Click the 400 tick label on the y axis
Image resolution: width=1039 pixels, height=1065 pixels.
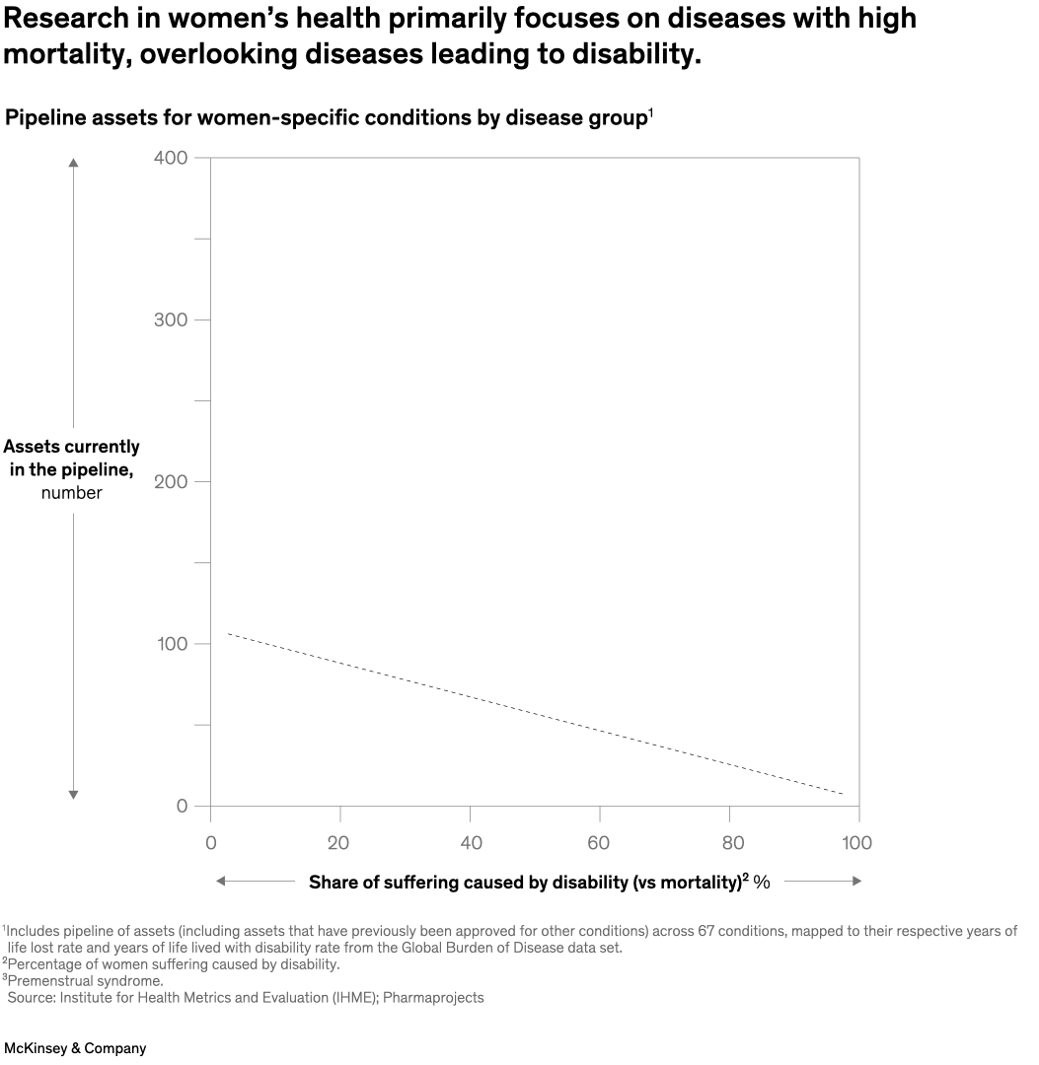point(170,158)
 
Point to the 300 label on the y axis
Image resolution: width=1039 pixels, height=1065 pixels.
point(170,319)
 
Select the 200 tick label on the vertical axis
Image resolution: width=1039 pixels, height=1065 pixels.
point(170,481)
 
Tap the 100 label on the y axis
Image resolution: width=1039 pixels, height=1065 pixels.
point(170,644)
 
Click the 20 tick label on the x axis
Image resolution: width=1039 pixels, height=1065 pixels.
point(340,843)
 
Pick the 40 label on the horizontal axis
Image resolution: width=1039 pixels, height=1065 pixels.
point(471,843)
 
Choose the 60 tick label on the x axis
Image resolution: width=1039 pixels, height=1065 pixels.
point(600,843)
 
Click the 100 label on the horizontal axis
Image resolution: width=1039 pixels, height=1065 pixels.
point(857,843)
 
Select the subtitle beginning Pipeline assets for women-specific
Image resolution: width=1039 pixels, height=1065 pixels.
point(326,118)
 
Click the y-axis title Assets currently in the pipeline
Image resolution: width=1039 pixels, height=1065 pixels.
point(72,458)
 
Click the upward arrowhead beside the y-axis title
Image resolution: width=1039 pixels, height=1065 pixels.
point(73,163)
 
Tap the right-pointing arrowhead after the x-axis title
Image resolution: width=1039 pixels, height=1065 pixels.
point(856,881)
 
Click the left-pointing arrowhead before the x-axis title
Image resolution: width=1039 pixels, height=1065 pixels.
point(221,881)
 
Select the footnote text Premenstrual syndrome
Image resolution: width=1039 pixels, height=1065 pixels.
point(85,980)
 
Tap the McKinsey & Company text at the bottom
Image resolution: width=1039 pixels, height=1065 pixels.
point(75,1048)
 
